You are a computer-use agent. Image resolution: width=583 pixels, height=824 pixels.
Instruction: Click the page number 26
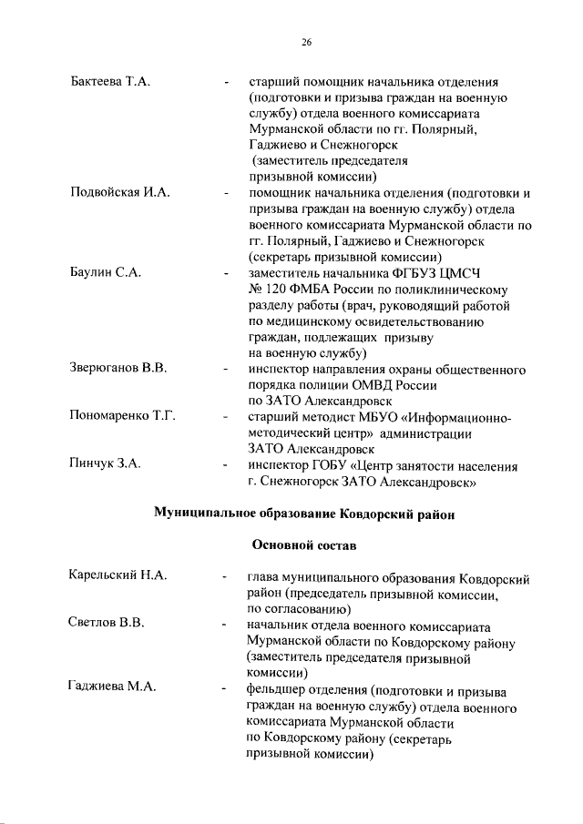307,41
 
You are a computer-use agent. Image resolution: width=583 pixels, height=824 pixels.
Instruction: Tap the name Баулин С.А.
104,272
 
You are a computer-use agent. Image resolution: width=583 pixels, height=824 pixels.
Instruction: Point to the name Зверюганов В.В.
118,368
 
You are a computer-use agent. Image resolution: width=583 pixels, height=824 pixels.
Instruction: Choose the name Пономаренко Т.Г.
122,416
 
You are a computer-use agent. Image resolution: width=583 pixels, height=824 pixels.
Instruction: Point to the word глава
264,576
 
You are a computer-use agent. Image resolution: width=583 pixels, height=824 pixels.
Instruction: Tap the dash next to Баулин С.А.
224,273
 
